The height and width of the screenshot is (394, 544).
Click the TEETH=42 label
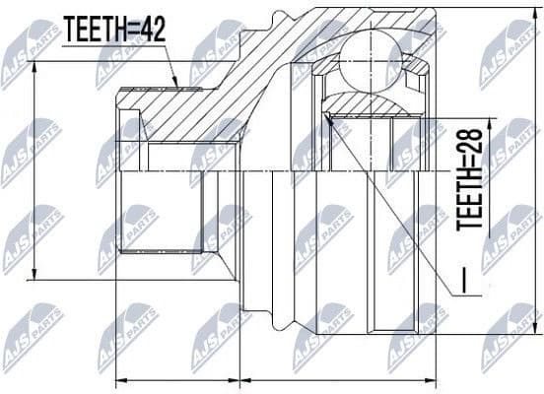(x=114, y=31)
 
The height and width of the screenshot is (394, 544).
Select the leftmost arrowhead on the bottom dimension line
(x=118, y=379)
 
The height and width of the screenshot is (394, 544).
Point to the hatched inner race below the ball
(x=372, y=102)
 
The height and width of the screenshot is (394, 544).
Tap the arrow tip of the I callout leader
(x=330, y=117)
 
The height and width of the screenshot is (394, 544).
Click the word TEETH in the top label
(x=94, y=31)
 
